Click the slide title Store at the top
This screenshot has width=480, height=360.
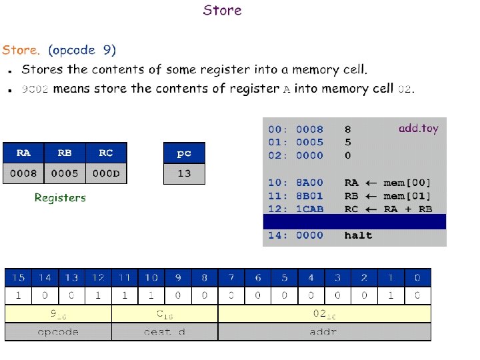222,11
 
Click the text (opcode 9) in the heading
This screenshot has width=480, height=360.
82,50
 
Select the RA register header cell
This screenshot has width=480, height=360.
23,153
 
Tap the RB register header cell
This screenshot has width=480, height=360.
65,153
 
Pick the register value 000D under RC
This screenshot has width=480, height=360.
106,173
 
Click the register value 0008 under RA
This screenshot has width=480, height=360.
23,173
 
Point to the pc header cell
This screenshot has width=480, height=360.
184,153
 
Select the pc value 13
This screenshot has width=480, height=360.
184,173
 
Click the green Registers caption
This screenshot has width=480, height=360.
60,197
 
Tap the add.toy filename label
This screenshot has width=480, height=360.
419,128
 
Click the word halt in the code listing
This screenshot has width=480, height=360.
359,235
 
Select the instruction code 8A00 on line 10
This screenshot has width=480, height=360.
310,182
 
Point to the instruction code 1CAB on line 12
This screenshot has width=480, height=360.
310,209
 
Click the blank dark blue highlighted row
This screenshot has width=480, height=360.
354,222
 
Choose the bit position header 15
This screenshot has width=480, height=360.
19,277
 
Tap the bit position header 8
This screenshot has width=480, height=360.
205,277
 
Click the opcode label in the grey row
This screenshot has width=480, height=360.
58,331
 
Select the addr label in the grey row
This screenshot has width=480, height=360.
324,331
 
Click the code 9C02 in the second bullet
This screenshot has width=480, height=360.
35,89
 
